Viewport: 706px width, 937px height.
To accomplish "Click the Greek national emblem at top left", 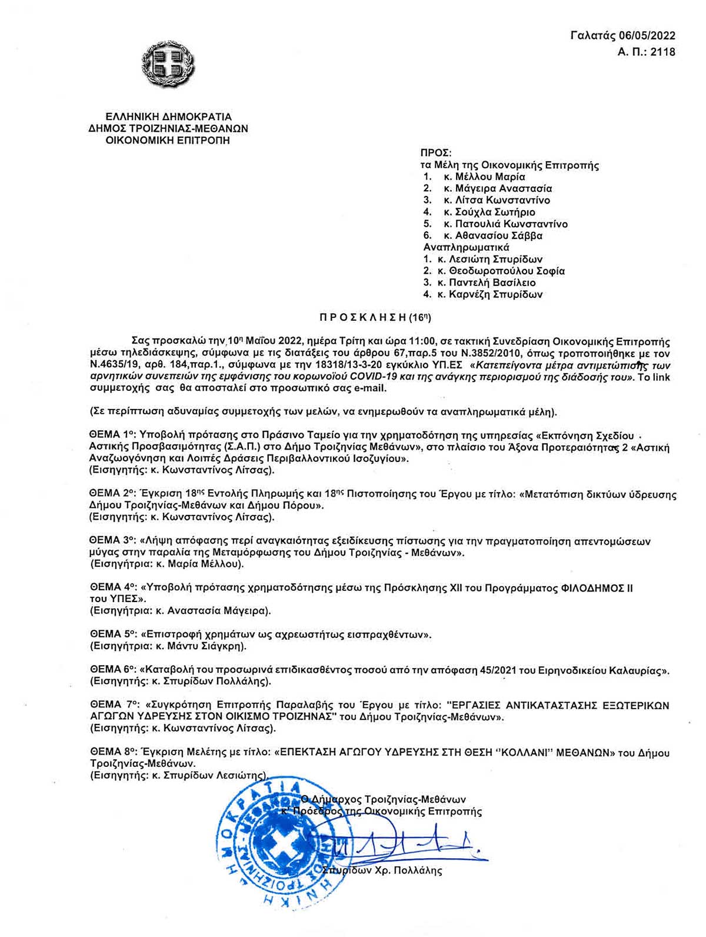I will (x=168, y=64).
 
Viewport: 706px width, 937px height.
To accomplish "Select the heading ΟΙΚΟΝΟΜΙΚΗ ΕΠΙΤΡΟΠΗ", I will (x=168, y=140).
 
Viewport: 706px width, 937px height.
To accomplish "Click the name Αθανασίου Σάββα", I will (x=499, y=235).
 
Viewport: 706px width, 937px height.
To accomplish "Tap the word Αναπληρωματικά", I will (x=466, y=247).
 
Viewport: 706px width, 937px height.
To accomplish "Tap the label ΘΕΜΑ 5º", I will (x=112, y=634).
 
